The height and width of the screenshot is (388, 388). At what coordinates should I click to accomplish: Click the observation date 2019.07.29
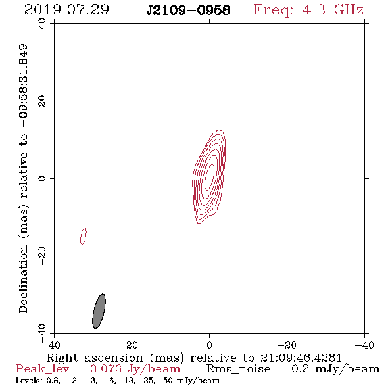tap(66, 10)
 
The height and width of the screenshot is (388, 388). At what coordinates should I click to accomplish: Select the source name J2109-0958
tap(188, 10)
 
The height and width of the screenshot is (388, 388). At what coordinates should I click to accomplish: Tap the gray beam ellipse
tap(99, 311)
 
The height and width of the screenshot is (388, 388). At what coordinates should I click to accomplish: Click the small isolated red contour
tap(84, 236)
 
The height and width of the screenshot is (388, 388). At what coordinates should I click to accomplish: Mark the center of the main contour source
tap(209, 177)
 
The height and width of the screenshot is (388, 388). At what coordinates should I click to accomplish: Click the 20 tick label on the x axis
tap(132, 345)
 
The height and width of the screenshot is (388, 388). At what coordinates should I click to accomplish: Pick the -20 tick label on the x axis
tap(287, 345)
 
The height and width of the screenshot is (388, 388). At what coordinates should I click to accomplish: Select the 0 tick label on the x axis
tap(209, 345)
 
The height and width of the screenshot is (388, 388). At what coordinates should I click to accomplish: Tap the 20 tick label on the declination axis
tap(42, 101)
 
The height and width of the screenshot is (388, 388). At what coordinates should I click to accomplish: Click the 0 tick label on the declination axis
tap(42, 178)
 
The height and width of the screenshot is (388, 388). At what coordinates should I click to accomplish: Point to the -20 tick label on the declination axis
tap(42, 256)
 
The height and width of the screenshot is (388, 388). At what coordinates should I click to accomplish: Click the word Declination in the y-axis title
tap(23, 279)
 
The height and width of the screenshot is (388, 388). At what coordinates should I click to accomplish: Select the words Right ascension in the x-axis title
tap(95, 358)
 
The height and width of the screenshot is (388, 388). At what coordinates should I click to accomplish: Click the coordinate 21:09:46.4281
tap(301, 358)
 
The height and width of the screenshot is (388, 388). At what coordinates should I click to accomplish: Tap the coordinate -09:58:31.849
tap(24, 86)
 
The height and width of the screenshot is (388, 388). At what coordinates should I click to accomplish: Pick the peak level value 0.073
tap(106, 369)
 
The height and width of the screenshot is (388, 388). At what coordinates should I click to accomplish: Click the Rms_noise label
tap(243, 369)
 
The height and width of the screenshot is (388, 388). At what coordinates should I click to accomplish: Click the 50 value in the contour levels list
tap(168, 381)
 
